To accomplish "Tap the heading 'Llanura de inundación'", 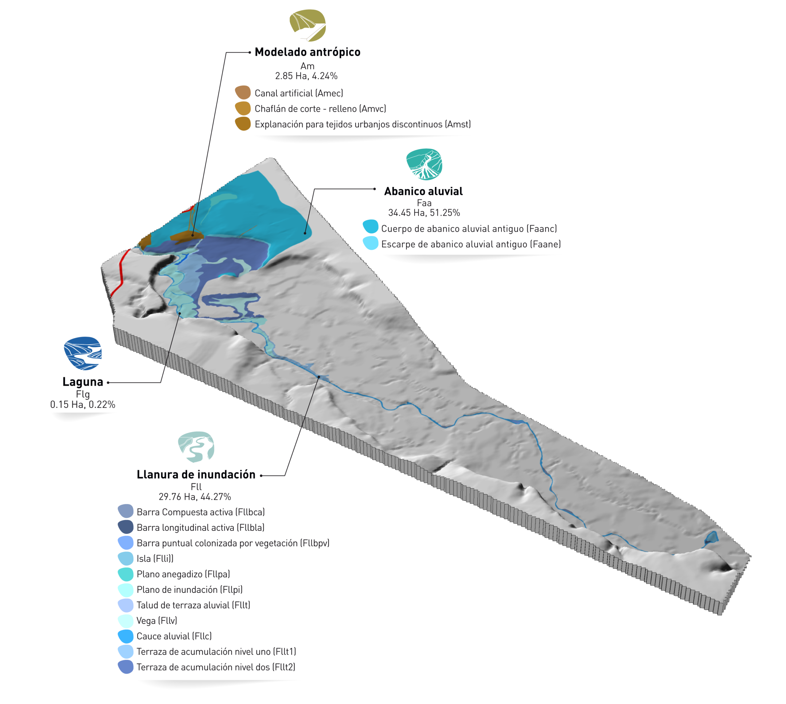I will point(196,475).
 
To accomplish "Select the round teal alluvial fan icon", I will point(424,164).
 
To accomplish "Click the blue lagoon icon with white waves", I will point(83,353).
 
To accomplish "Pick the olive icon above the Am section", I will point(308,25).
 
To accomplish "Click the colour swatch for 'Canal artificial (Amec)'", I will point(243,93).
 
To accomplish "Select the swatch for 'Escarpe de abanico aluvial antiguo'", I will point(371,243).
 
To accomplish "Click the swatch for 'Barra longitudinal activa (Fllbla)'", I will point(126,527).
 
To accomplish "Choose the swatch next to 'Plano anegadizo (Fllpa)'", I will point(126,574).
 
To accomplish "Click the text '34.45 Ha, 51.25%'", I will point(424,213).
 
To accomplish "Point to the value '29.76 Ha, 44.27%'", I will point(195,497).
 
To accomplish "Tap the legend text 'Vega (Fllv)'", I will point(157,621).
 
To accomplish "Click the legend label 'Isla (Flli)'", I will point(155,558).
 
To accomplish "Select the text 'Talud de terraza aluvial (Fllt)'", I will point(193,605).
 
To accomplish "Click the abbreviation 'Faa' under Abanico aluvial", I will point(424,203).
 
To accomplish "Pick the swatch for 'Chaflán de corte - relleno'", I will point(243,109).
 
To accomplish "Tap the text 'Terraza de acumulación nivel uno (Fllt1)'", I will point(216,652).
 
